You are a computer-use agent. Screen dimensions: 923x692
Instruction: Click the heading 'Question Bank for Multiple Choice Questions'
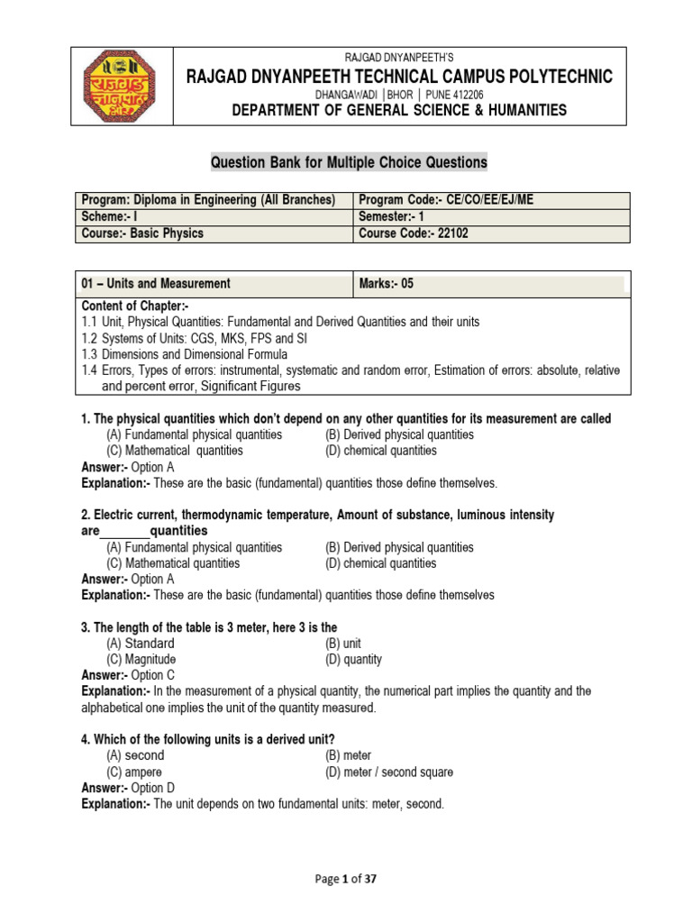pyautogui.click(x=349, y=162)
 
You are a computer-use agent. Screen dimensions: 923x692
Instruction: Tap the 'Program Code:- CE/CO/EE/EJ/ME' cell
pyautogui.click(x=446, y=200)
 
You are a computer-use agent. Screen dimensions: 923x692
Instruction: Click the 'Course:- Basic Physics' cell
pyautogui.click(x=142, y=233)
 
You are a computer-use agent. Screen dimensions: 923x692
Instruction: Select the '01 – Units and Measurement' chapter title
pyautogui.click(x=156, y=283)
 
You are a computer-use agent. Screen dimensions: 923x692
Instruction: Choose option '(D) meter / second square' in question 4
pyautogui.click(x=389, y=772)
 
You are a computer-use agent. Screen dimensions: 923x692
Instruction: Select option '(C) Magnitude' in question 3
pyautogui.click(x=141, y=659)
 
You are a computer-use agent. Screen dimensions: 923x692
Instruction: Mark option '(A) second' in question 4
pyautogui.click(x=136, y=756)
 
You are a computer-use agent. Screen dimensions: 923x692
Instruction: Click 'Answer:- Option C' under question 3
pyautogui.click(x=128, y=675)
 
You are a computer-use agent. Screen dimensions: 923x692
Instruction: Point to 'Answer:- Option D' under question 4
pyautogui.click(x=128, y=788)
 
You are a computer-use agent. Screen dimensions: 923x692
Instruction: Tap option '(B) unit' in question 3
pyautogui.click(x=343, y=644)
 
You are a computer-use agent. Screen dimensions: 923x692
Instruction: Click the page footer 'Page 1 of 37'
pyautogui.click(x=346, y=881)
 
